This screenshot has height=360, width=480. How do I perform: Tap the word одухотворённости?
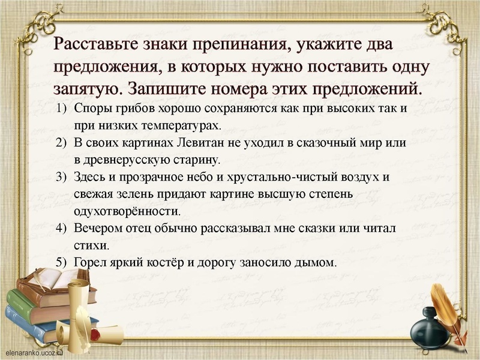point(127,212)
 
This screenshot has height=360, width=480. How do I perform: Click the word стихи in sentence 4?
point(91,245)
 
